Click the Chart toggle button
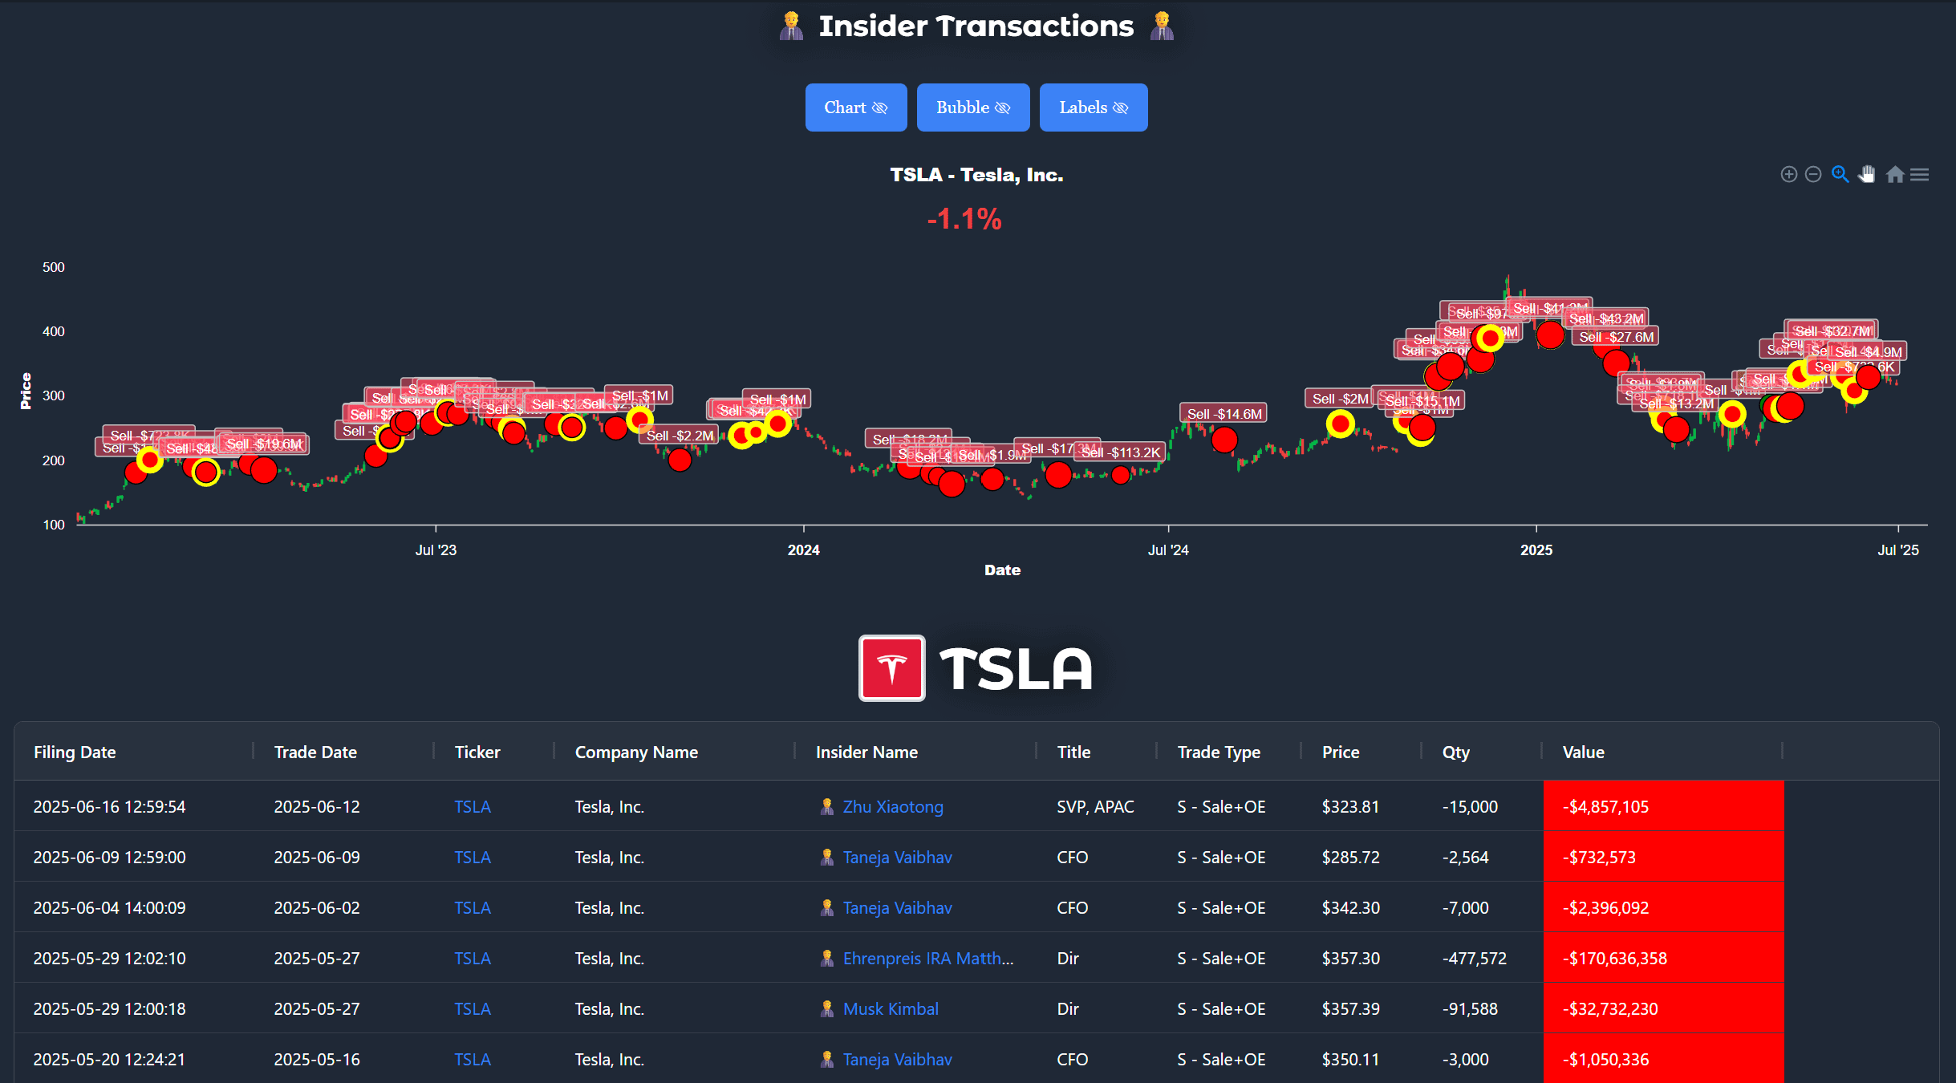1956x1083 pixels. [x=855, y=107]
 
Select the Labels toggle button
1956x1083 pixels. [x=1093, y=107]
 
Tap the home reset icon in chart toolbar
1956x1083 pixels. [x=1894, y=175]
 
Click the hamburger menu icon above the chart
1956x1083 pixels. [x=1919, y=175]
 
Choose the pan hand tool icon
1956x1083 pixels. [x=1867, y=175]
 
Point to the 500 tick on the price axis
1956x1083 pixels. [x=54, y=267]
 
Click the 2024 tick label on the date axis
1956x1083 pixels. [x=803, y=550]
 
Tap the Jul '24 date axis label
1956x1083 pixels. [x=1167, y=550]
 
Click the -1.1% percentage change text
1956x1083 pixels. [x=964, y=219]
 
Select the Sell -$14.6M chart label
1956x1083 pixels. [x=1224, y=414]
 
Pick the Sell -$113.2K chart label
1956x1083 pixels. [x=1121, y=452]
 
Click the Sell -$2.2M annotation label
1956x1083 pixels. [x=680, y=436]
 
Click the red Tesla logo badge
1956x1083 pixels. [x=891, y=668]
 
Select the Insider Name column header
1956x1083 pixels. [x=866, y=752]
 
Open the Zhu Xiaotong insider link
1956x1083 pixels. [x=892, y=807]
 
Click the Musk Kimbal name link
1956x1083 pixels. [x=891, y=1009]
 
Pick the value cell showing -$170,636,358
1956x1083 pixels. [x=1614, y=959]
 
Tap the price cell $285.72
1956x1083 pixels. [x=1350, y=858]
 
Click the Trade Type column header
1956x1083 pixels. [x=1218, y=752]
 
